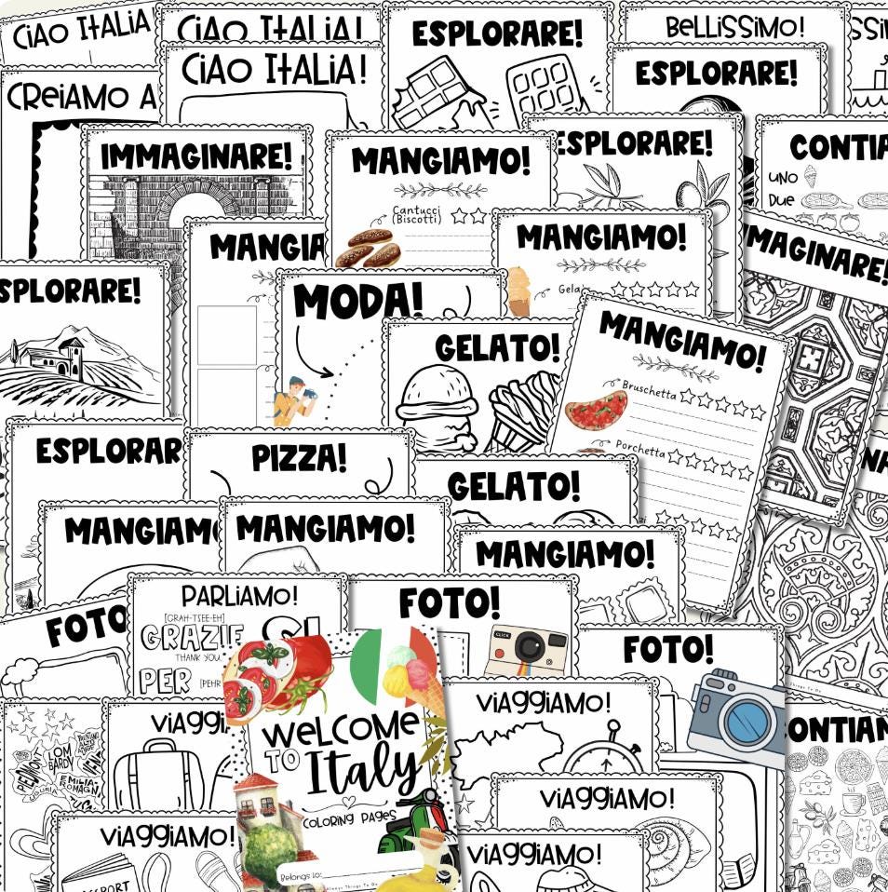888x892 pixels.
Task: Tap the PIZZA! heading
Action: point(299,457)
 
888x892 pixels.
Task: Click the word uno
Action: point(782,176)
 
